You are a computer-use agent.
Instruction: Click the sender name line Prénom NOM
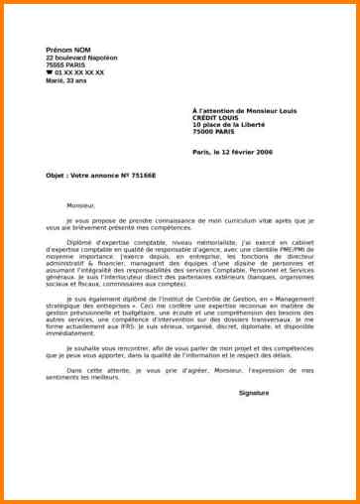[x=66, y=49]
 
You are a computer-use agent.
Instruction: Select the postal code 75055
[x=57, y=65]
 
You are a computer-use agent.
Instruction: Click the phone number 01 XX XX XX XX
[x=78, y=73]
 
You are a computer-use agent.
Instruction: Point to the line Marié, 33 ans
[x=65, y=81]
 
